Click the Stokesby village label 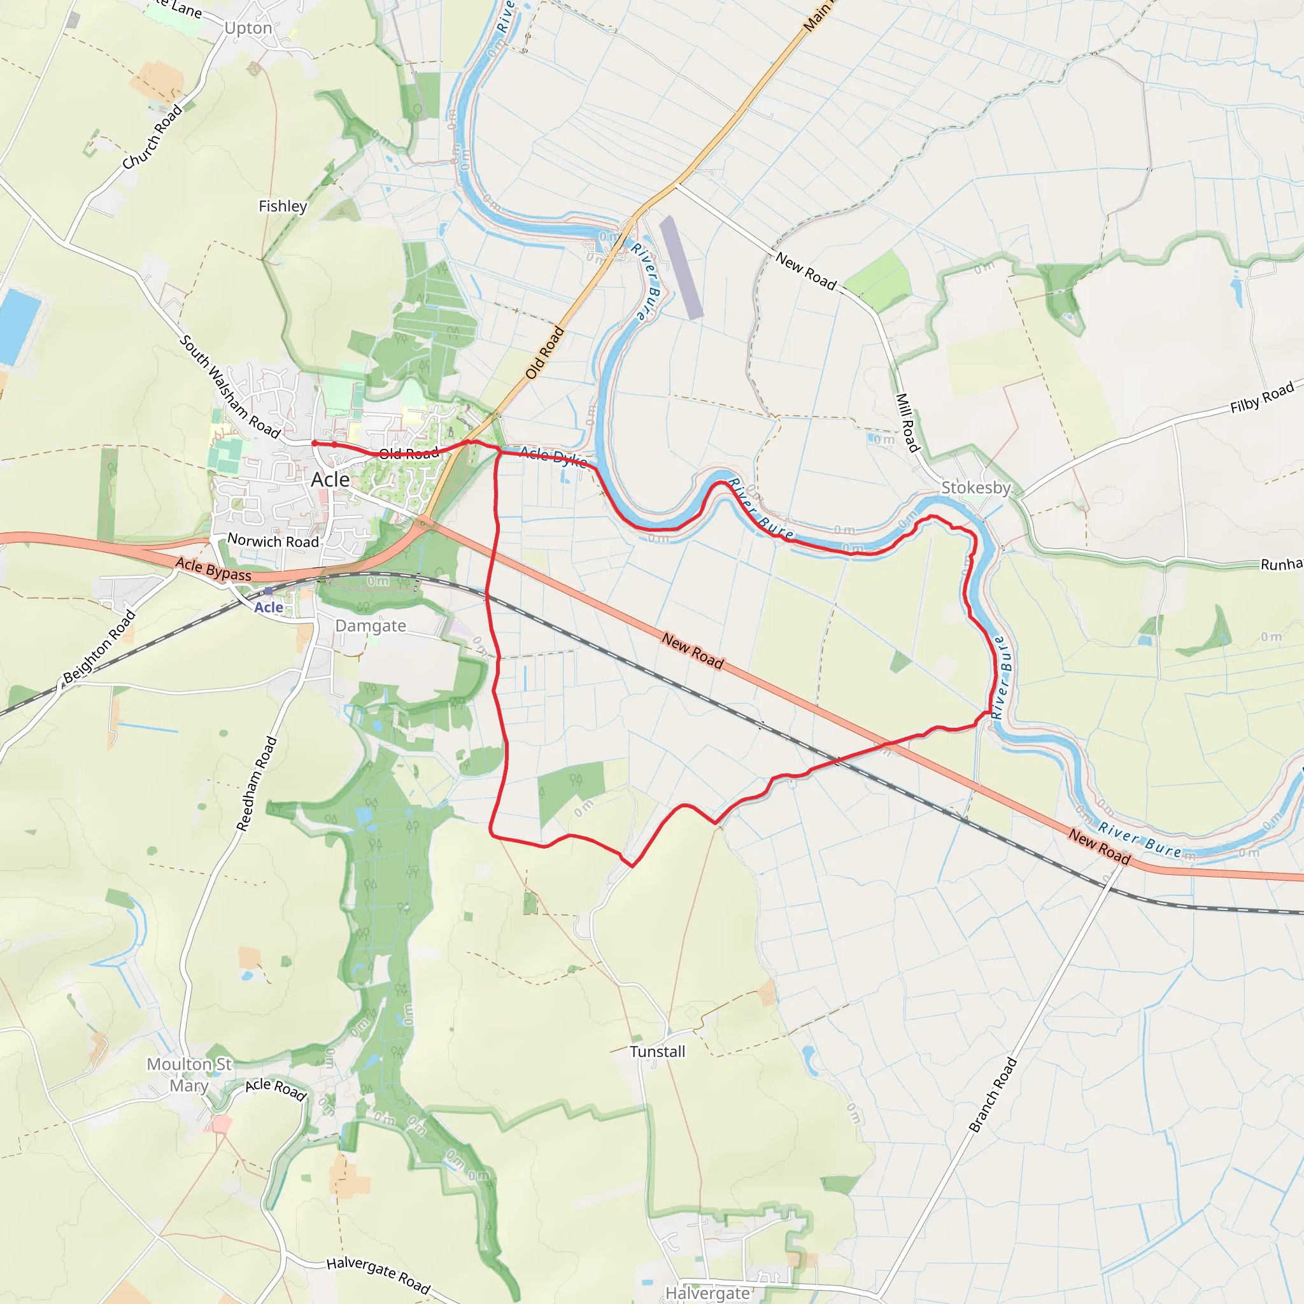tap(976, 487)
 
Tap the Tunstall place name tap(657, 1052)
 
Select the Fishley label tap(283, 206)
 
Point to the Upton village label tap(248, 29)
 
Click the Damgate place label tap(371, 626)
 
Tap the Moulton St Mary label tap(189, 1075)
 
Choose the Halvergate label tap(707, 1293)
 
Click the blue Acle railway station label tap(269, 607)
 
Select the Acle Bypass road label tap(213, 569)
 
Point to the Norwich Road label tap(273, 541)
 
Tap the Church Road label tap(153, 137)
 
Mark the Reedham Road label tap(257, 784)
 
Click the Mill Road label tap(907, 423)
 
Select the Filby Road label tap(1261, 397)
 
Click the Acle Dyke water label tap(553, 457)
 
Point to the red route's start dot tap(315, 443)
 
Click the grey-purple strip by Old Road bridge tap(681, 267)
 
